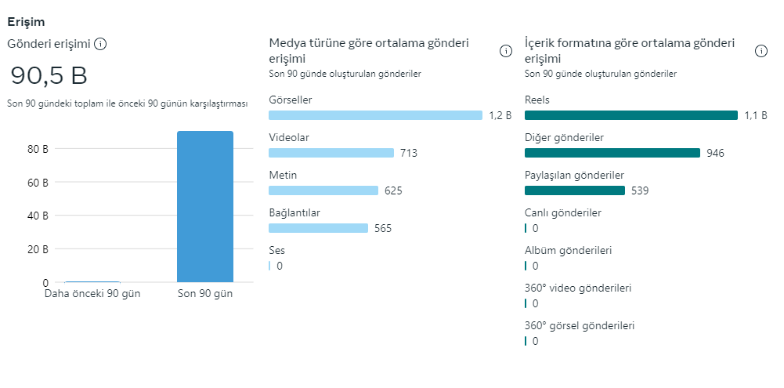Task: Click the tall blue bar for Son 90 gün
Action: (205, 207)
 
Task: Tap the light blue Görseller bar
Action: (375, 115)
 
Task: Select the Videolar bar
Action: (331, 153)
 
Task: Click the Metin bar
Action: (323, 190)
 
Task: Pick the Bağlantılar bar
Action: (318, 228)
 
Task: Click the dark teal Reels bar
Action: (631, 115)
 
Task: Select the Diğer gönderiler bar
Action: (612, 153)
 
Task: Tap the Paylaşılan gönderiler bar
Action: (575, 190)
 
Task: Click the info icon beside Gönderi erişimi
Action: (100, 44)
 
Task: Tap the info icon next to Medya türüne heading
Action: (506, 51)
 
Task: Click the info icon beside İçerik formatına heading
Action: (761, 51)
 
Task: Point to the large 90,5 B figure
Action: (49, 75)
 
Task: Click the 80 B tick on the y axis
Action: (38, 149)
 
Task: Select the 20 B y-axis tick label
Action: (38, 249)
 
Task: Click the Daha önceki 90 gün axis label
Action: (92, 294)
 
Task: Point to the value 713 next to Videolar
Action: (409, 153)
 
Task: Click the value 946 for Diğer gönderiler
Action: (715, 153)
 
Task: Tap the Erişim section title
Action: (26, 22)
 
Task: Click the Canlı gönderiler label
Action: (563, 212)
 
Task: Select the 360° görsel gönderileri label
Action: (580, 325)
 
